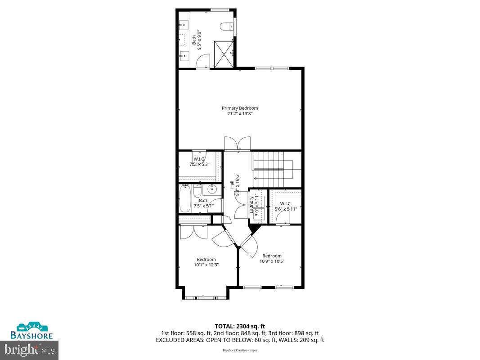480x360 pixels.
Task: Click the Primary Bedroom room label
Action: [x=240, y=108]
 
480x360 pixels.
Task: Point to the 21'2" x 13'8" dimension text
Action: [x=240, y=114]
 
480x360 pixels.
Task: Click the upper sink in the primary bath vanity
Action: [x=183, y=25]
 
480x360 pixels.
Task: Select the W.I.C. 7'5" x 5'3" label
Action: [x=199, y=162]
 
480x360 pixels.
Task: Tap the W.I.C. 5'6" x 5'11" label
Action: [x=286, y=206]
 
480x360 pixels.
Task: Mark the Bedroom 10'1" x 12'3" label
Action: [x=206, y=262]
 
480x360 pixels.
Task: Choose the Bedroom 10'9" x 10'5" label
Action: [x=272, y=258]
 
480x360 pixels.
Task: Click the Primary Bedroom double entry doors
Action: [x=238, y=143]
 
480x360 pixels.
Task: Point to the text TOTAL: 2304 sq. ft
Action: [x=240, y=326]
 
